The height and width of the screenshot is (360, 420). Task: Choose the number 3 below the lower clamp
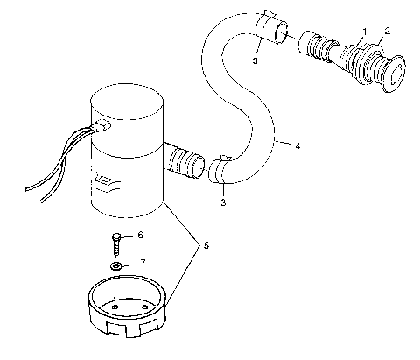click(223, 202)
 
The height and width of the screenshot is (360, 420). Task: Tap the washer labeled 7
click(115, 265)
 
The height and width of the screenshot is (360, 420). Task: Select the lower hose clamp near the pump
click(221, 166)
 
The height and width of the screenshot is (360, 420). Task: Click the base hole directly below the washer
click(115, 306)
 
